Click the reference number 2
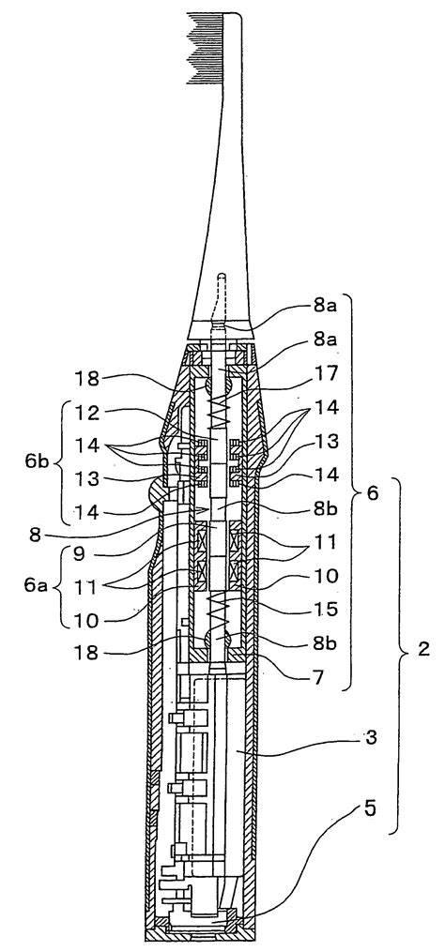[x=423, y=649]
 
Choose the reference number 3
[x=371, y=738]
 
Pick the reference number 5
[x=371, y=808]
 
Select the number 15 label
[x=327, y=610]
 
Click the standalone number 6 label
[x=372, y=493]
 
